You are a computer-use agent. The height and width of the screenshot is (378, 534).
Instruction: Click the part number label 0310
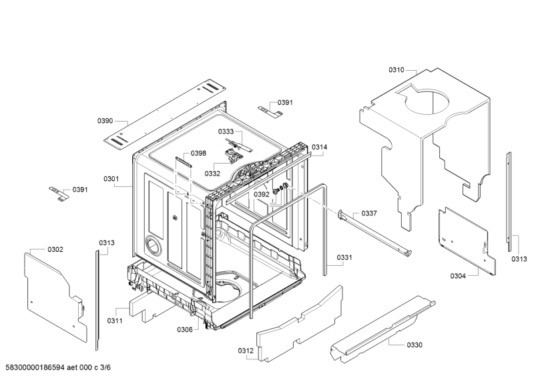[x=396, y=69]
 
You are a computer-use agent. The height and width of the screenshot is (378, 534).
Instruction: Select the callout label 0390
[x=105, y=121]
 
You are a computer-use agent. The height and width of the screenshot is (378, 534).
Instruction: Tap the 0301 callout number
[x=111, y=179]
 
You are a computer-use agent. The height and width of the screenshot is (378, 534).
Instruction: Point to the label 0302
[x=55, y=250]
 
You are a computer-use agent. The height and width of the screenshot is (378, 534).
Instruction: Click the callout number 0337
[x=369, y=213]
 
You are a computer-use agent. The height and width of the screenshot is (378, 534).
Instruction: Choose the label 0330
[x=414, y=345]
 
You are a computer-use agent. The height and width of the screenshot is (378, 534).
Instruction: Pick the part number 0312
[x=245, y=351]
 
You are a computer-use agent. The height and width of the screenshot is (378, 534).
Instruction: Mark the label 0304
[x=458, y=275]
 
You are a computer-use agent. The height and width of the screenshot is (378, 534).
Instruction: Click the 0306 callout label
[x=185, y=329]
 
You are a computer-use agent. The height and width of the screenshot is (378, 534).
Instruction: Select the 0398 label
[x=198, y=154]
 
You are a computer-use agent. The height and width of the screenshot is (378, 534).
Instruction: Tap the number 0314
[x=320, y=147]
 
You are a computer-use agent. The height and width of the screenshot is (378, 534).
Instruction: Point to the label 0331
[x=344, y=257]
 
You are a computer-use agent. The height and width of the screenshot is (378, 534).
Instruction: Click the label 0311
[x=114, y=321]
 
